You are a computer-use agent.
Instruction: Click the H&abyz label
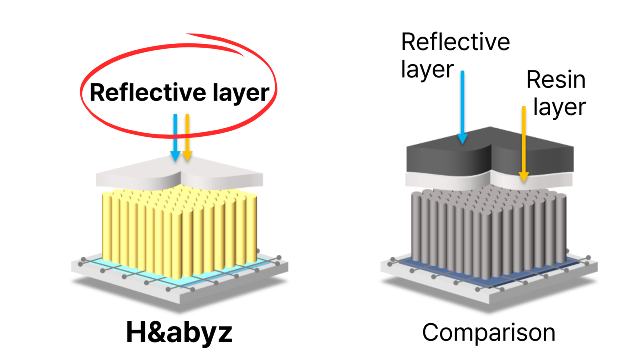click(179, 332)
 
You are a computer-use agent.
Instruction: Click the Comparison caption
click(489, 332)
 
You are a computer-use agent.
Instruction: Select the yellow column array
click(180, 230)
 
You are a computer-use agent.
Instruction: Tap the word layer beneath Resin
click(559, 107)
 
